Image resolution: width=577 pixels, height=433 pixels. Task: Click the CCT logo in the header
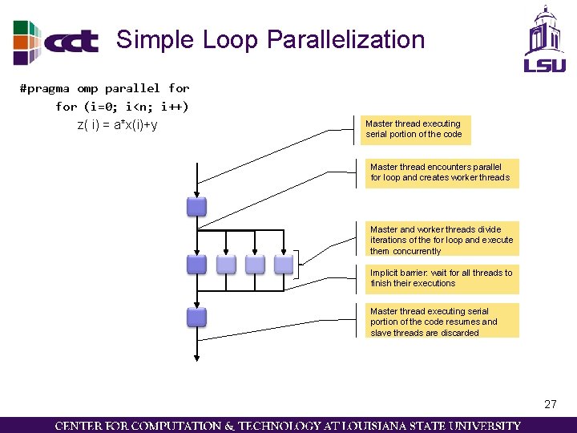[x=56, y=42]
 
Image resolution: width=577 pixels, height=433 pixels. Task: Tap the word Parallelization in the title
[x=345, y=39]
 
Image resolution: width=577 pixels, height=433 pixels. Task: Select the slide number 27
[x=550, y=404]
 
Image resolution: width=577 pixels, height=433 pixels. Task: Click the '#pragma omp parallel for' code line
[x=104, y=88]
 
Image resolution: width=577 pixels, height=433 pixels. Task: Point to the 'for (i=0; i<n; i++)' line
[x=122, y=106]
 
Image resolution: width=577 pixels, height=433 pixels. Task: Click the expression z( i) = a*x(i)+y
[x=117, y=124]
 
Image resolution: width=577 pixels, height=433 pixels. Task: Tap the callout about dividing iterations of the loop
[x=441, y=240]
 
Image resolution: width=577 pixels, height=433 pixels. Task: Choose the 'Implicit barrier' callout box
[x=441, y=278]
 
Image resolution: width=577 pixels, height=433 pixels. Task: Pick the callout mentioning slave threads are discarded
[x=441, y=322]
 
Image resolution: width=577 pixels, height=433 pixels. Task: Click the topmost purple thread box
[x=196, y=207]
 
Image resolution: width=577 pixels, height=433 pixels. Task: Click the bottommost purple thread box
[x=196, y=317]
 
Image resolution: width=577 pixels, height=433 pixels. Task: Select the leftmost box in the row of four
[x=196, y=264]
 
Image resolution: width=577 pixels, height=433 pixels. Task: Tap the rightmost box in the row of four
[x=284, y=264]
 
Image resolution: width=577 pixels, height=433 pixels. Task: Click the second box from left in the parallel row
[x=226, y=264]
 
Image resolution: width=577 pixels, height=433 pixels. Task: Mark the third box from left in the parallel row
[x=255, y=264]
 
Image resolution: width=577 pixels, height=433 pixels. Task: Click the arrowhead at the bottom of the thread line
[x=196, y=358]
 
